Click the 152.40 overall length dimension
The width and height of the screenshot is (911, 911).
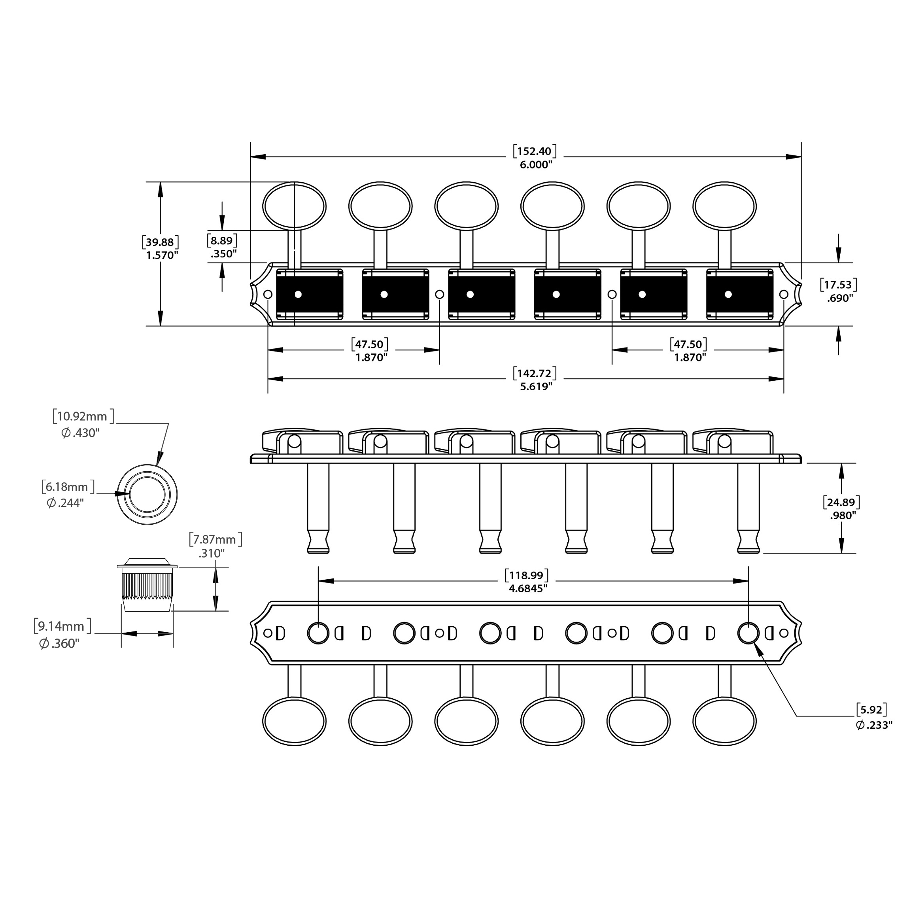(x=534, y=157)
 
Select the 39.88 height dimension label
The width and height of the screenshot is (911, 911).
(x=160, y=248)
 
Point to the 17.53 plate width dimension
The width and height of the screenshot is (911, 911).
(x=839, y=291)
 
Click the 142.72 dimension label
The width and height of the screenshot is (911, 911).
(x=534, y=380)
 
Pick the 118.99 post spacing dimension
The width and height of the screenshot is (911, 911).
(x=527, y=581)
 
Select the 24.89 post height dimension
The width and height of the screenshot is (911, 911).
(x=842, y=508)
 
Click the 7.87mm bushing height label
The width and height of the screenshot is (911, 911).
(x=215, y=546)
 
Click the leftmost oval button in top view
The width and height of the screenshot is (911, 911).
(x=294, y=206)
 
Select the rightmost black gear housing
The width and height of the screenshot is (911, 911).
(x=739, y=294)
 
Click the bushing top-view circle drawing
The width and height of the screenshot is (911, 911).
(x=147, y=494)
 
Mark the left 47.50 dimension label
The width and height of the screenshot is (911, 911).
(x=370, y=350)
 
